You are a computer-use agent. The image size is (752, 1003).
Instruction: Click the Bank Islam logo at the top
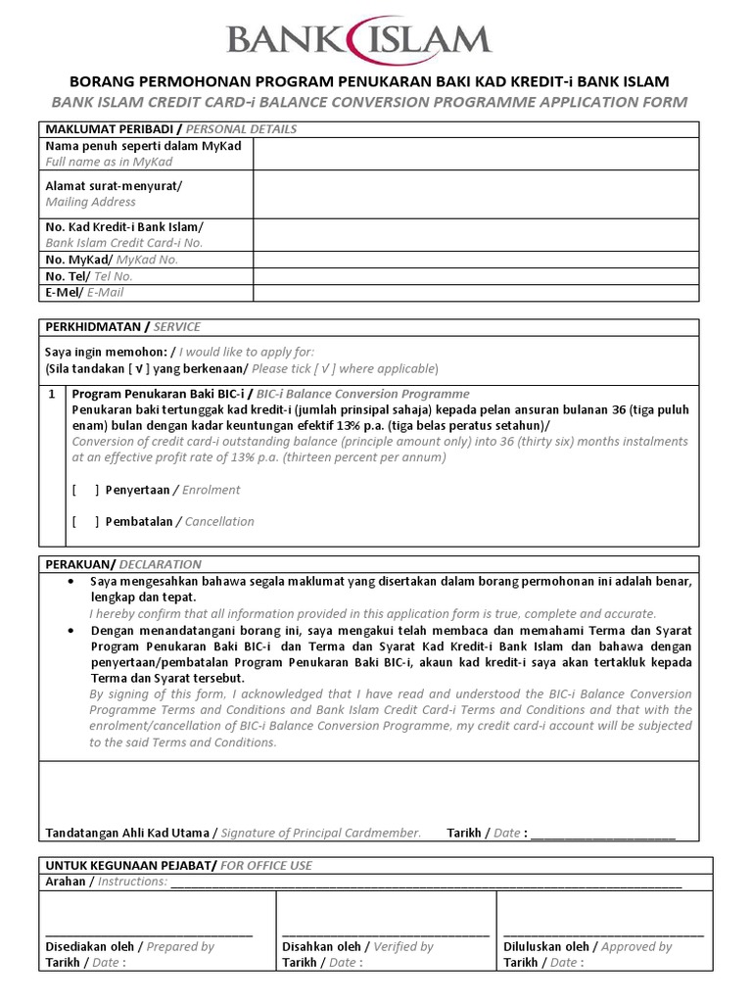[x=358, y=39]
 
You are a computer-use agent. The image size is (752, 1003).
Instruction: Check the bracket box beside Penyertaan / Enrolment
[x=85, y=490]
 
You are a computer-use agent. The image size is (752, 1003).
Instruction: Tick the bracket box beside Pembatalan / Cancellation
[x=85, y=521]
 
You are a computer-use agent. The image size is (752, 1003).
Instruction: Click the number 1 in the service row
[x=52, y=394]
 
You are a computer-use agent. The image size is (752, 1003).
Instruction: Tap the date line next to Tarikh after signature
[x=602, y=834]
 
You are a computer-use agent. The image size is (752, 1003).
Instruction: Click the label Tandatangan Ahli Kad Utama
[x=127, y=833]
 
